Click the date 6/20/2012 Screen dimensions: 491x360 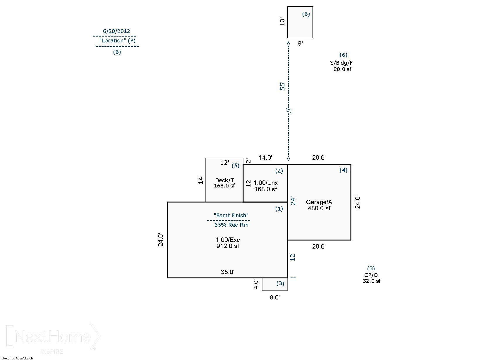coord(116,31)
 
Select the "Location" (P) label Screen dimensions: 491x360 coord(118,41)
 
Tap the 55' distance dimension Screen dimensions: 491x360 coord(282,86)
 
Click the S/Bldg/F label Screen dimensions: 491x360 coord(341,63)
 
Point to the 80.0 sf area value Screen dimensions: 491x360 coord(342,69)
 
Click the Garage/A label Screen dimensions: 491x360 coord(319,202)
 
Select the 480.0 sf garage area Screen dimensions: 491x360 coord(319,208)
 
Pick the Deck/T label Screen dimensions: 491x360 coord(224,180)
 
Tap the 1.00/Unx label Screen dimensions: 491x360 coord(266,183)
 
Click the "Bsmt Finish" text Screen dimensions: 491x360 coord(231,216)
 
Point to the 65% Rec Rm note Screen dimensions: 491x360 coord(231,225)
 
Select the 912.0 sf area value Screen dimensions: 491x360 coord(228,246)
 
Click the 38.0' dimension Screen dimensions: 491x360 coord(228,272)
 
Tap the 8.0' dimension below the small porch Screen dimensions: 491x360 coord(275,297)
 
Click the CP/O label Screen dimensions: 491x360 coord(371,275)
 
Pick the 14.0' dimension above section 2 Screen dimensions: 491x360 coord(265,158)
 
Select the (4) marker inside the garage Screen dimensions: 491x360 coord(343,170)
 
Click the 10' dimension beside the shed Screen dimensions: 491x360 coord(282,22)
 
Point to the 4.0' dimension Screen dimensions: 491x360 coord(256,284)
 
